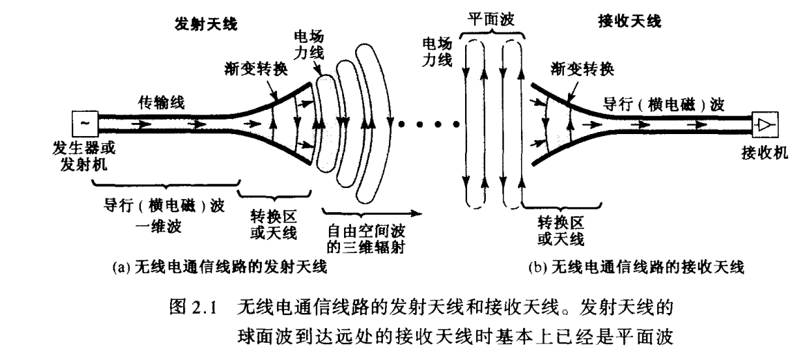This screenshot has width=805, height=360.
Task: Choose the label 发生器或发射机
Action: tap(80, 156)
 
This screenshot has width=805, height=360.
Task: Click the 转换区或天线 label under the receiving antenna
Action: tap(560, 231)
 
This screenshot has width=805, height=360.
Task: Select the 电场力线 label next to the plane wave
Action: tap(438, 52)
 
